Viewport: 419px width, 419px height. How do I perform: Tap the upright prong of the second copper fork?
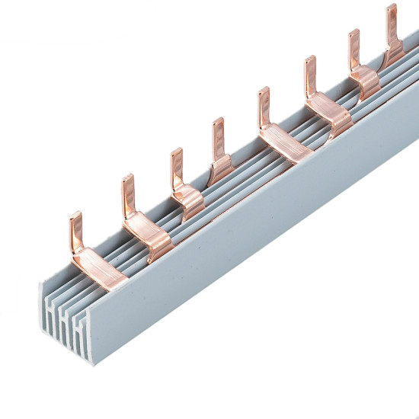click(x=127, y=194)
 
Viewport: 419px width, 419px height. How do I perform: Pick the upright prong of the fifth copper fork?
click(x=263, y=107)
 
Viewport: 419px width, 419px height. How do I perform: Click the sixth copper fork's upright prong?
click(x=310, y=75)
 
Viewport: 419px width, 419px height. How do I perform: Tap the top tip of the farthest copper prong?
click(x=392, y=7)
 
